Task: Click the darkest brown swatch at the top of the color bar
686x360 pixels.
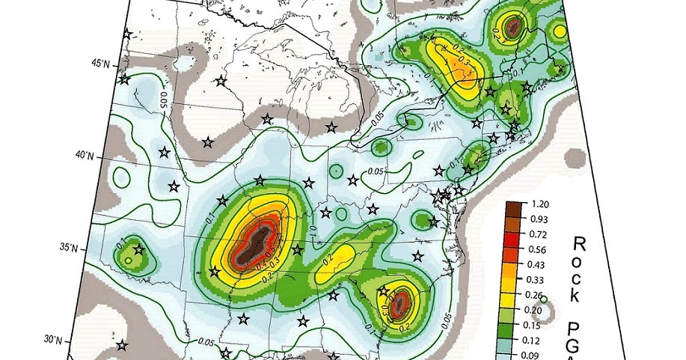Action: tap(514, 205)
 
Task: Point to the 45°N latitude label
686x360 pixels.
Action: tap(100, 64)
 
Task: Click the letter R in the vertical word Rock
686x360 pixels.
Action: tap(578, 242)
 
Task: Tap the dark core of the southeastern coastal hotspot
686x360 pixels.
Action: tap(399, 302)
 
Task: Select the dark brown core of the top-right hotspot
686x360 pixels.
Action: tap(513, 28)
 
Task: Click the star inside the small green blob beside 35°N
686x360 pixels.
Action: tap(138, 250)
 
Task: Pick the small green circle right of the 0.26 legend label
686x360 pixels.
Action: tap(543, 299)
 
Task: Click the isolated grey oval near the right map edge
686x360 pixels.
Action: tap(575, 159)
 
